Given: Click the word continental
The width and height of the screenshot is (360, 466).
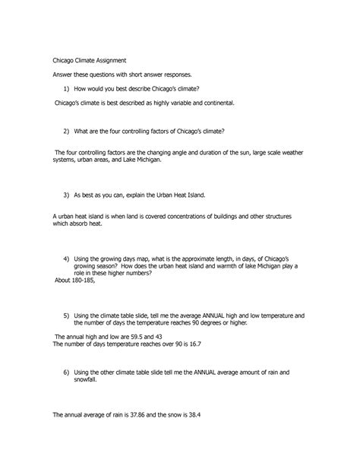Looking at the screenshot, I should point(231,102).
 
